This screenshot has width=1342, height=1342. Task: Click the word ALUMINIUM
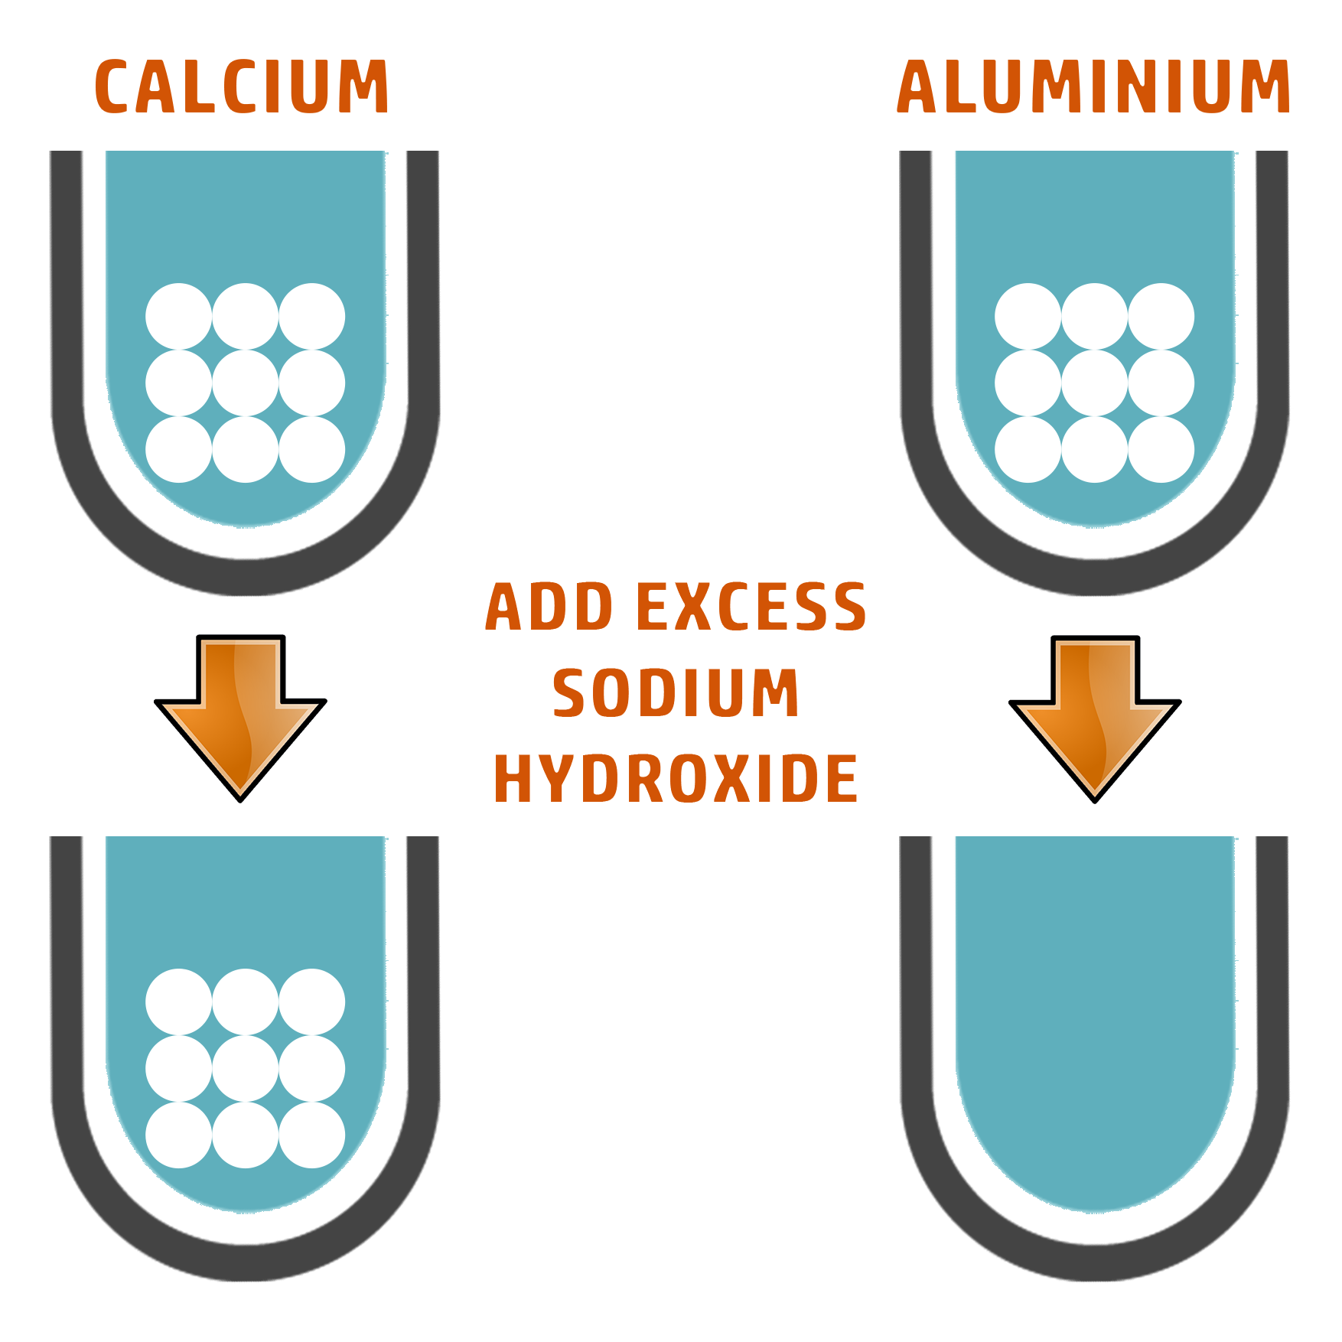click(x=1092, y=87)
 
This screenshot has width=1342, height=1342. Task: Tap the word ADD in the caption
click(x=549, y=607)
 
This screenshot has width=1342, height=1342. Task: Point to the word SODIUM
click(x=675, y=692)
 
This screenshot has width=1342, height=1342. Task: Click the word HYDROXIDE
click(x=675, y=777)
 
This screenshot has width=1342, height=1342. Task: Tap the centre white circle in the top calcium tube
click(x=245, y=383)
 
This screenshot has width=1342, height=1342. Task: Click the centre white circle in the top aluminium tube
click(x=1094, y=383)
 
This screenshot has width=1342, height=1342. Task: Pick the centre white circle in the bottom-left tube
click(x=245, y=1068)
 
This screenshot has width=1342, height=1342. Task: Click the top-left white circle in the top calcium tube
click(x=178, y=316)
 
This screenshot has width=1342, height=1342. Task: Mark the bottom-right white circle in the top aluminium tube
click(x=1161, y=449)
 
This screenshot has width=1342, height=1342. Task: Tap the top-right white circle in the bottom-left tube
click(x=311, y=1002)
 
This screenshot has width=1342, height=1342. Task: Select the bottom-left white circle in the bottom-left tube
click(x=178, y=1135)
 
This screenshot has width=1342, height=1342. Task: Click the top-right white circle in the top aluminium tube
click(x=1161, y=316)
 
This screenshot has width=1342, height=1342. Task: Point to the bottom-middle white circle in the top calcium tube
click(x=245, y=449)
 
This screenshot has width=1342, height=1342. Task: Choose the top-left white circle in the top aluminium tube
click(x=1028, y=316)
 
